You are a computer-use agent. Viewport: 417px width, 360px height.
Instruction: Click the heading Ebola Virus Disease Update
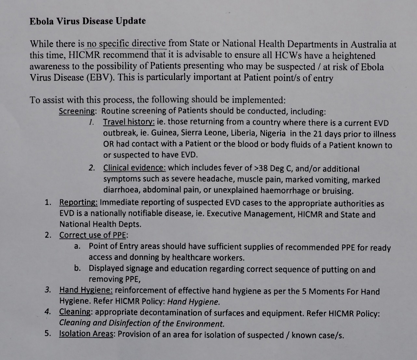[x=87, y=21]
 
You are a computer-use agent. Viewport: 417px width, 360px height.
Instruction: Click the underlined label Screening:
[x=77, y=111]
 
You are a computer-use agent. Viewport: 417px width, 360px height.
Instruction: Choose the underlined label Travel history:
[x=129, y=122]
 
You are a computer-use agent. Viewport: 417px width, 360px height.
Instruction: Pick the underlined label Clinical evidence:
[x=135, y=168]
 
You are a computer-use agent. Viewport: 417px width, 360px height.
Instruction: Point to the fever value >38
[x=259, y=168]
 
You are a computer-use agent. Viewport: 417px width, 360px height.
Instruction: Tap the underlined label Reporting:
[x=78, y=202]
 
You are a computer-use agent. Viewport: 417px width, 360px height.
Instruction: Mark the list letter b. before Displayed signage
[x=77, y=268]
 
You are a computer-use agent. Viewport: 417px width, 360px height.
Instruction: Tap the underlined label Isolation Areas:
[x=86, y=334]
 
